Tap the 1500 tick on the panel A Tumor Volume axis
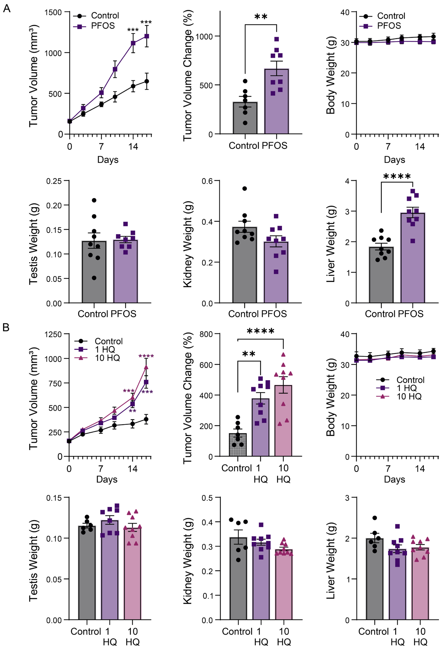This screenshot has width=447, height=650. coord(53,12)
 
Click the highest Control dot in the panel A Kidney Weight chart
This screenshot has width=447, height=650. coord(245,188)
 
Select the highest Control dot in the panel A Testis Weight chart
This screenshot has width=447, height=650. coord(94,200)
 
